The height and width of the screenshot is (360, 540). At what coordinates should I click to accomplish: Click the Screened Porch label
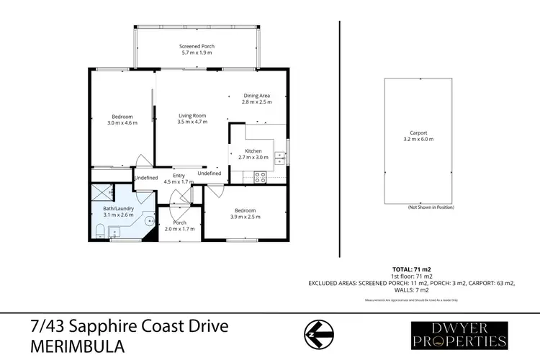197,46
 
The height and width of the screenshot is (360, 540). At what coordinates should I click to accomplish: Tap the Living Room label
192,115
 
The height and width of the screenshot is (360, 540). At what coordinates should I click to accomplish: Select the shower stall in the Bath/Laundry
102,192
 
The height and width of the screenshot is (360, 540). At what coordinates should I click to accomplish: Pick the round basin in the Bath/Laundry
149,222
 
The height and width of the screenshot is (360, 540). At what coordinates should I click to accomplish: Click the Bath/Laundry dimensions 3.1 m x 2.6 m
109,215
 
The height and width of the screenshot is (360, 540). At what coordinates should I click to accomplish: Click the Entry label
179,175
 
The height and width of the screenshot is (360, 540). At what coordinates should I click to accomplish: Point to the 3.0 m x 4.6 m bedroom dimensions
122,122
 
